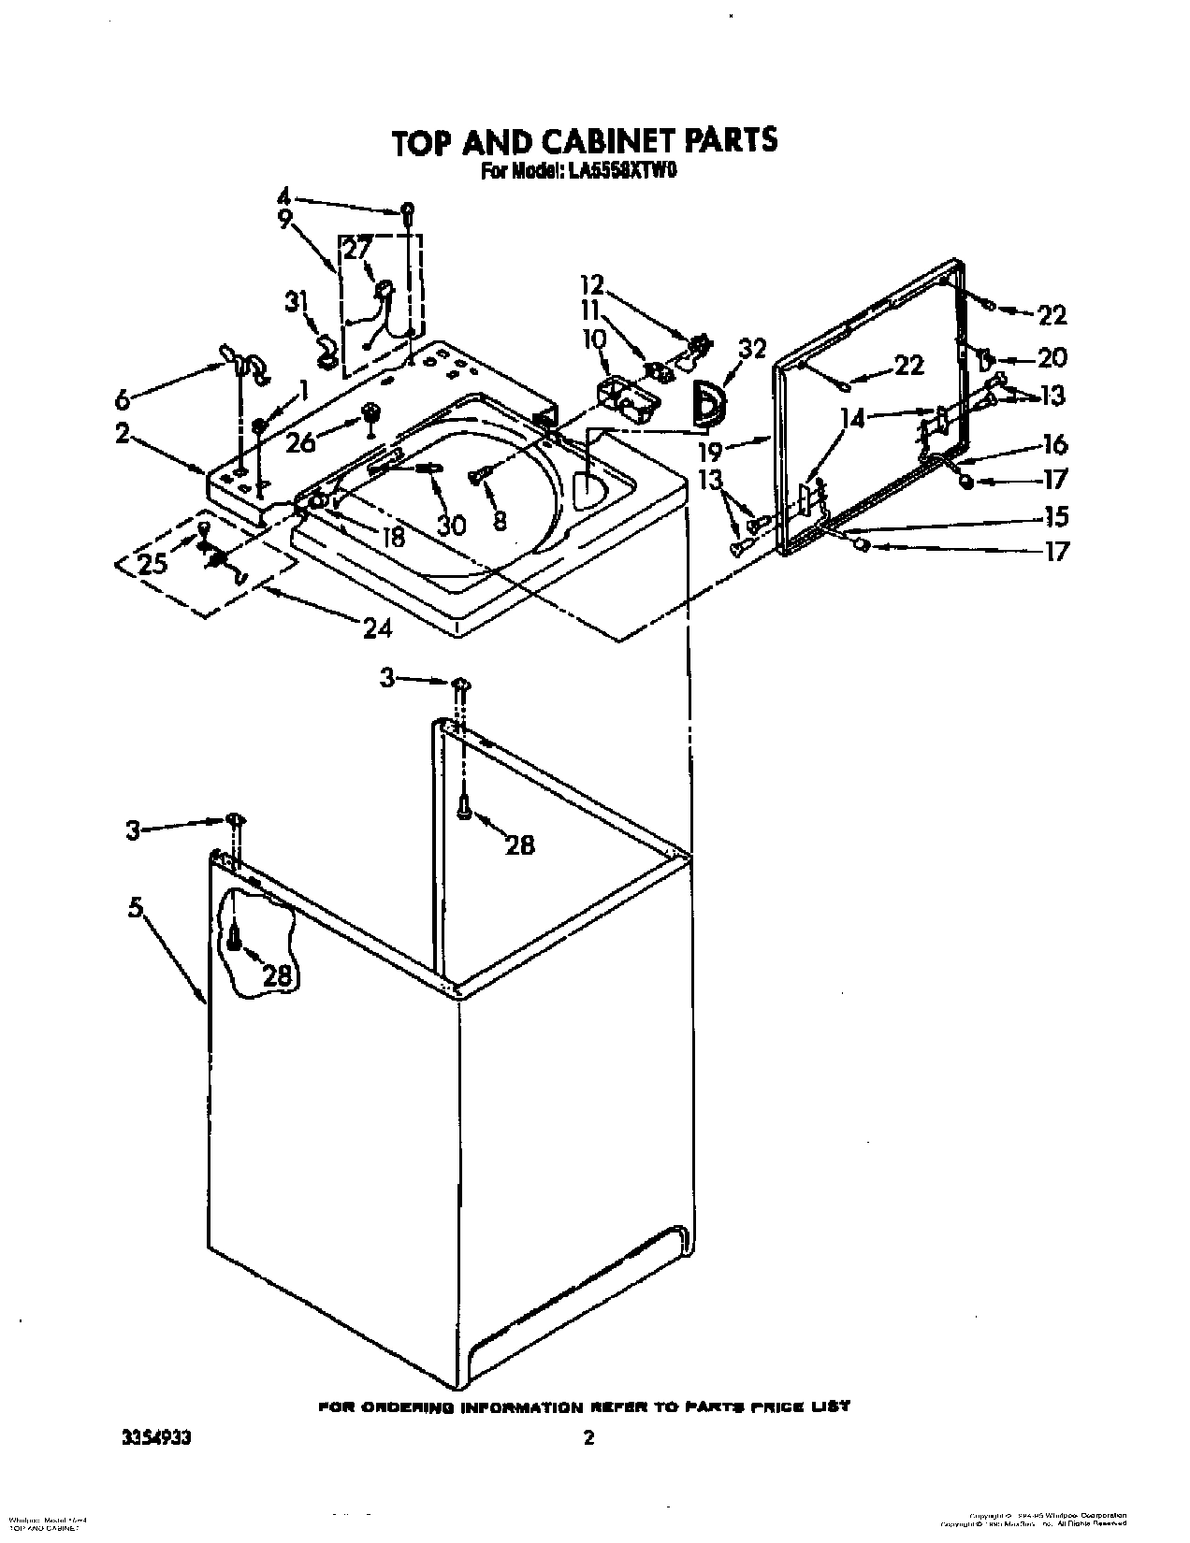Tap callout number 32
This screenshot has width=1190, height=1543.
pos(752,349)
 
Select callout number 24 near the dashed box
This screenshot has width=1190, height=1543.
pos(377,628)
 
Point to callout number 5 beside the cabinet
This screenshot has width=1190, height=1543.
pos(137,906)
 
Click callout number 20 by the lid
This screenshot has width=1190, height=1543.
pos(1052,357)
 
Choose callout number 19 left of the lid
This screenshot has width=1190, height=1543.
pos(710,452)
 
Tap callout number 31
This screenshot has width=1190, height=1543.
pos(296,302)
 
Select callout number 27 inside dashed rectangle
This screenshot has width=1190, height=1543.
pos(358,248)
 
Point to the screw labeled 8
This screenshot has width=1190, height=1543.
pos(480,477)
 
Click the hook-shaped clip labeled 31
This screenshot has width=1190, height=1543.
pos(327,350)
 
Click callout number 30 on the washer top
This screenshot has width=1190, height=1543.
pos(452,525)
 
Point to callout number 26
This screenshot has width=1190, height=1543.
pos(300,442)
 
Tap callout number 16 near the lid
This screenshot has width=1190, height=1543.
pos(1054,444)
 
